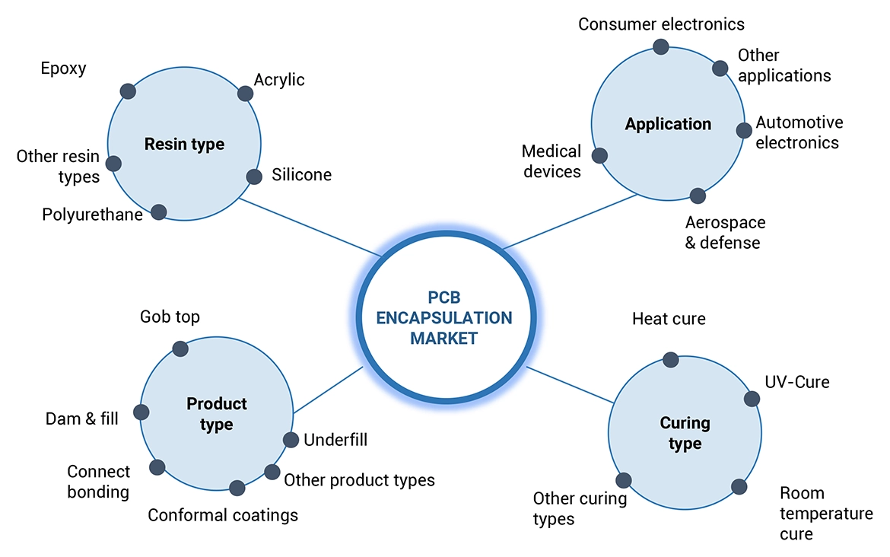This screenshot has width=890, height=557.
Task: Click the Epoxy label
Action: coord(63,68)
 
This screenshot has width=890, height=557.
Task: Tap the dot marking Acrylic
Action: coord(245,94)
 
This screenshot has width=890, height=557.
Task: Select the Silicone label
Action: coord(301,175)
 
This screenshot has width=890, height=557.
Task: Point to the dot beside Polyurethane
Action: coord(158,212)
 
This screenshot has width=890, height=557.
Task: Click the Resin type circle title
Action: coord(184,145)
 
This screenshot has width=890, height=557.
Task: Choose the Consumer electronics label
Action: coord(661,24)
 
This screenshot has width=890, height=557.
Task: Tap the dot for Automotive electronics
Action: coord(744,130)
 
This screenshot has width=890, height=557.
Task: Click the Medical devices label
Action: coord(551,161)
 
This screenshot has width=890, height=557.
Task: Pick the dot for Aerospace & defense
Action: coord(698,196)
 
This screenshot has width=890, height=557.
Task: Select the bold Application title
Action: coord(668,124)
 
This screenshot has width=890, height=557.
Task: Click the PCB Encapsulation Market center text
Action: coord(444,317)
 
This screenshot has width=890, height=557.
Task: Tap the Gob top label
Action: coord(170,317)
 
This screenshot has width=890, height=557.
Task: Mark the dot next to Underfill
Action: coord(291,440)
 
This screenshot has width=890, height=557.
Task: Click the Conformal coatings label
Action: coord(223,515)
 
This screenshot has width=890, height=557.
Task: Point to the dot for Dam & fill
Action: coord(141,412)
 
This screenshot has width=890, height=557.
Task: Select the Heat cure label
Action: coord(669,319)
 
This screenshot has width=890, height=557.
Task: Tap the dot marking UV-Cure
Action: coord(752,399)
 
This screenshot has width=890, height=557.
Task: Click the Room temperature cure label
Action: coord(826,514)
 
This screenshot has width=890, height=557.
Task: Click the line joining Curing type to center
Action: coord(571,385)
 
